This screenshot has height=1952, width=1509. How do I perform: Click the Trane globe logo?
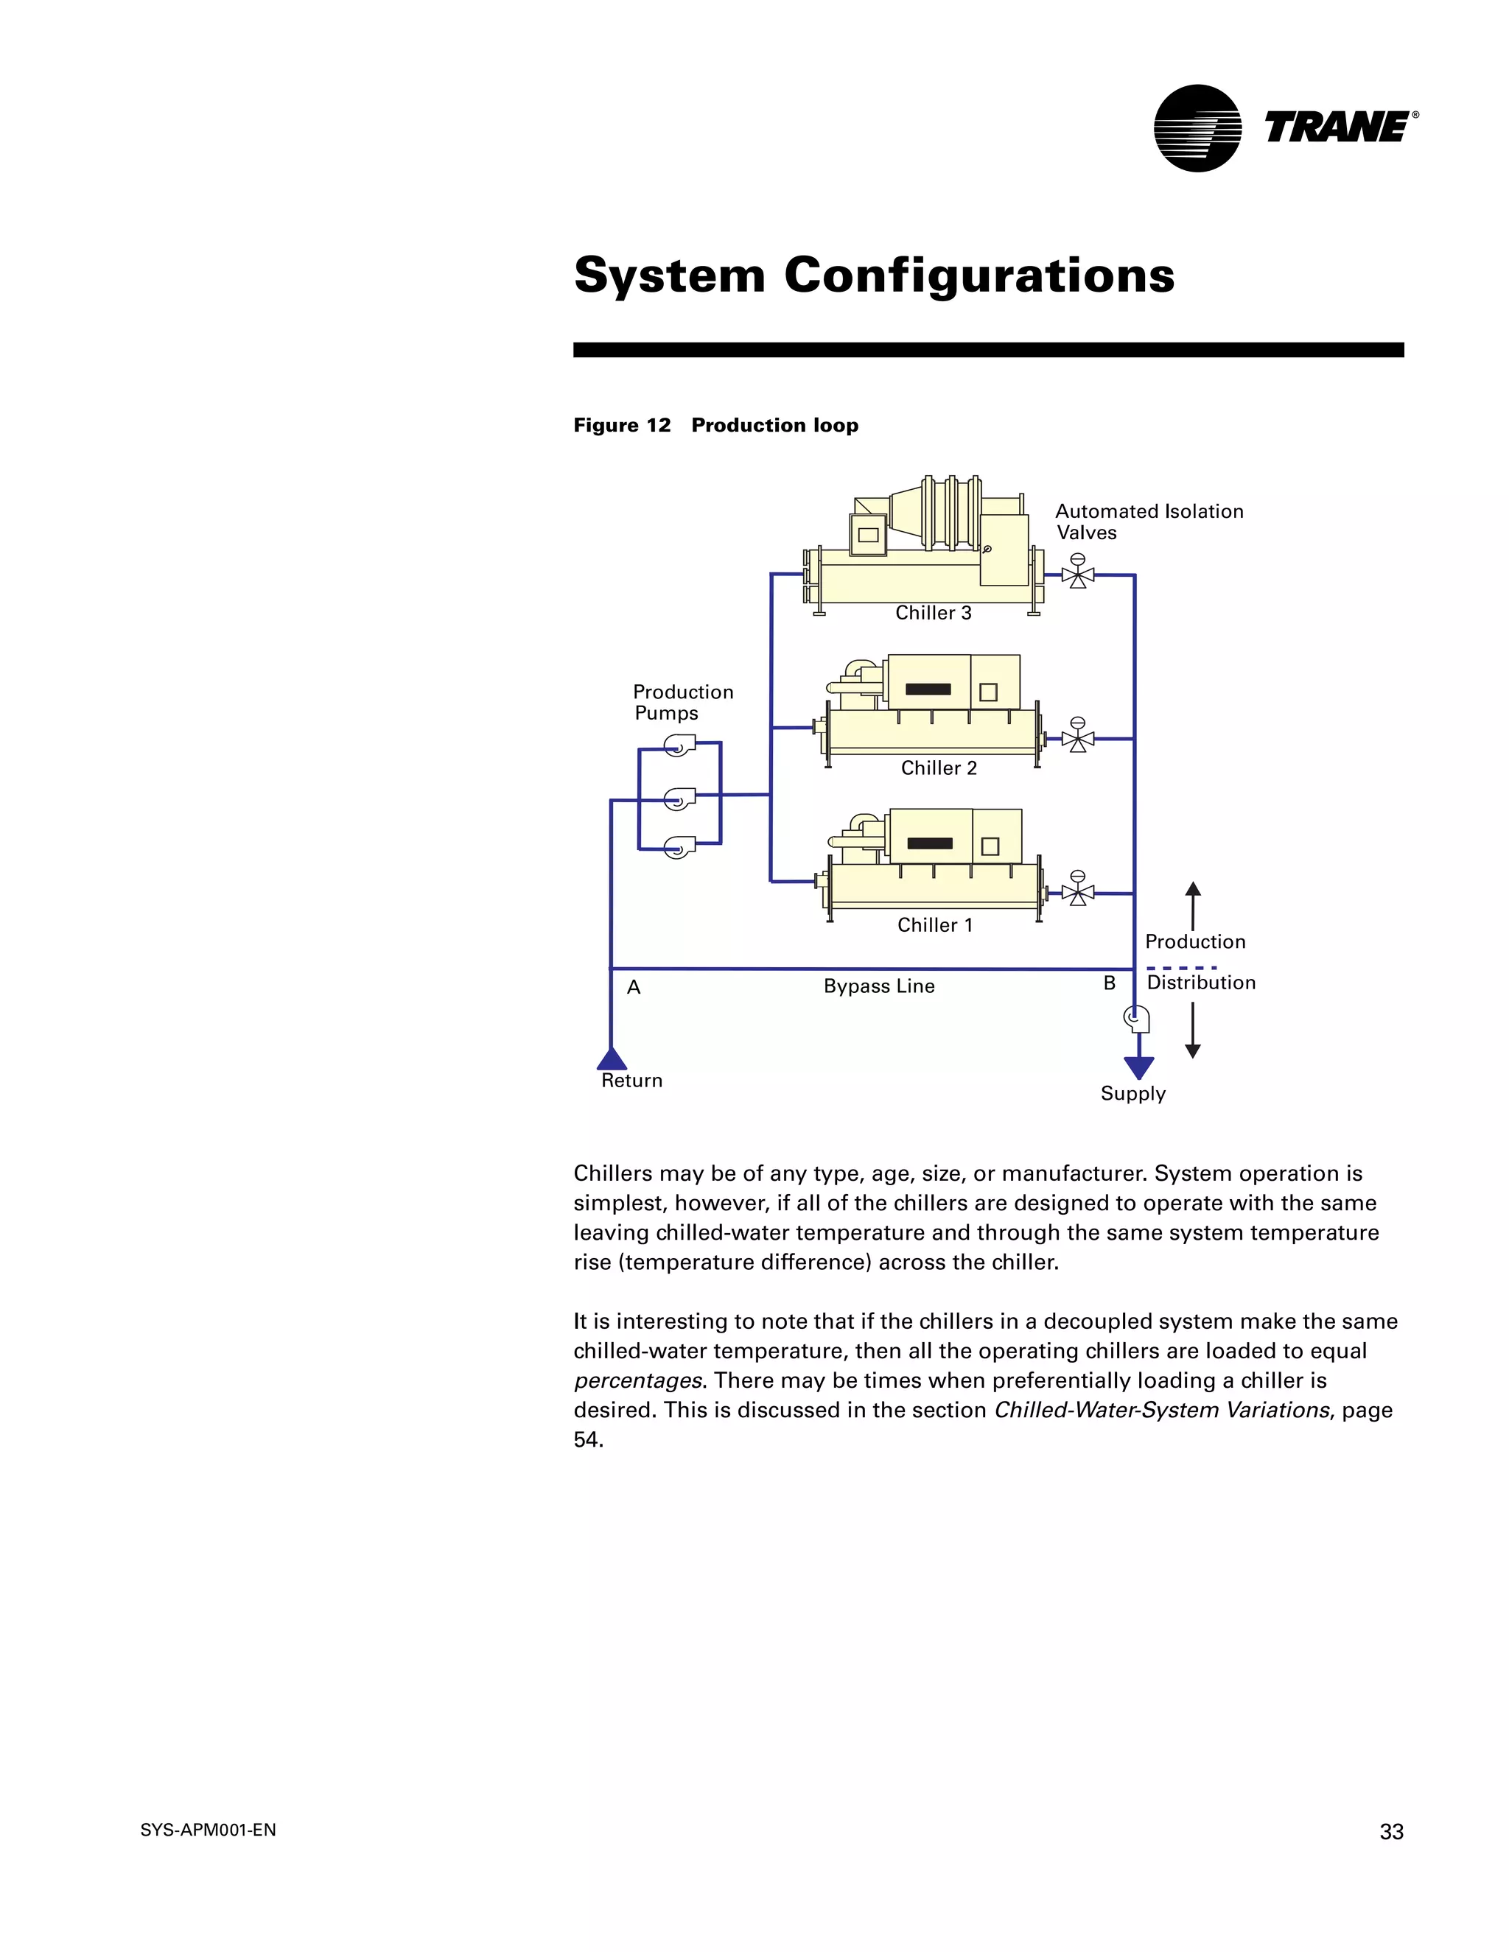[x=1197, y=129]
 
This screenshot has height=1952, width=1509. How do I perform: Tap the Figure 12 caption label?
[x=622, y=426]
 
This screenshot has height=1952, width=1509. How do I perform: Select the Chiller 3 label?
[x=934, y=613]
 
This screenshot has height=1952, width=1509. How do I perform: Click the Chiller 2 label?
[x=939, y=768]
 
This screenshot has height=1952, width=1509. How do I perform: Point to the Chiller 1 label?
[x=935, y=926]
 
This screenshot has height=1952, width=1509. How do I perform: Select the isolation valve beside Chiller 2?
[x=1078, y=738]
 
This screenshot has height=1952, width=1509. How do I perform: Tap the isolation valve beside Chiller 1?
[x=1078, y=892]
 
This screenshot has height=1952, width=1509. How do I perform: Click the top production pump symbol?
[x=679, y=745]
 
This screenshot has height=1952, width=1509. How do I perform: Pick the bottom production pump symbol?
[x=679, y=846]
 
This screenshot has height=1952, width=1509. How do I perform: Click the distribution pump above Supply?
[x=1137, y=1018]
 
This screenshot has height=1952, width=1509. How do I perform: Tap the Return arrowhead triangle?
[x=612, y=1060]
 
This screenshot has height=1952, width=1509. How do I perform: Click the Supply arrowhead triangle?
[x=1139, y=1067]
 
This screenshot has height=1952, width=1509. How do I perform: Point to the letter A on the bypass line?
[x=634, y=988]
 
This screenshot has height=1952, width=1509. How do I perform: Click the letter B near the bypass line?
[x=1110, y=984]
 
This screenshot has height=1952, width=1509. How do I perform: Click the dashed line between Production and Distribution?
[x=1181, y=968]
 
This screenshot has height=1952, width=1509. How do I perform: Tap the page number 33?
[x=1391, y=1832]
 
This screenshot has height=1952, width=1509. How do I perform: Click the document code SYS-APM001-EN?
[x=209, y=1830]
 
